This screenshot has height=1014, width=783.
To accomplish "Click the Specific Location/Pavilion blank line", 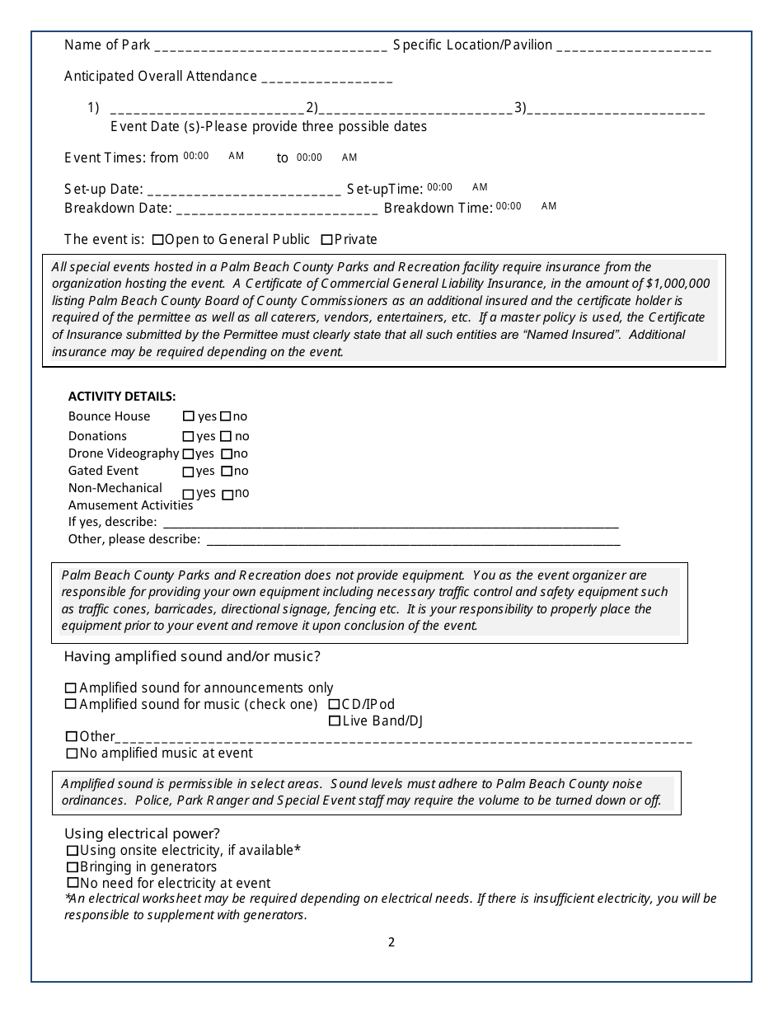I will pos(634,47).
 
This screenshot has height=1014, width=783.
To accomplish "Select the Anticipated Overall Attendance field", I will pos(326,78).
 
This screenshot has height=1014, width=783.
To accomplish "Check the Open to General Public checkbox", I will pos(158,240).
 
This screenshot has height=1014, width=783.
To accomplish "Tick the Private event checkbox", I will pos(326,240).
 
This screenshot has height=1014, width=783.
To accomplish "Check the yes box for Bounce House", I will pos(189,417).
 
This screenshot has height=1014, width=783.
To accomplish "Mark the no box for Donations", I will pos(227,436).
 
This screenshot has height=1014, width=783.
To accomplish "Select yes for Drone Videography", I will pos(188,454).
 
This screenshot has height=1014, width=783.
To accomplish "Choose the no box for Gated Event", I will pos(226,472).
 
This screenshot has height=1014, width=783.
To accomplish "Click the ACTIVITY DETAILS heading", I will pos(122,397).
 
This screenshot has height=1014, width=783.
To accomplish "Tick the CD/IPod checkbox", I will pos(334,705).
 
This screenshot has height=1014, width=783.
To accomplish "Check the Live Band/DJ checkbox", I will pos(334,721).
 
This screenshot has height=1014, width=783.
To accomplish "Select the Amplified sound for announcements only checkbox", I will pos(71,688).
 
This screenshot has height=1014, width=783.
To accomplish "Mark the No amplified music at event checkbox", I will pos(72,753).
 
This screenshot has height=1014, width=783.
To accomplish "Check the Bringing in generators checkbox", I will pos(73,867).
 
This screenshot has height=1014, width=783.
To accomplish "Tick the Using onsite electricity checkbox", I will pos(73,851).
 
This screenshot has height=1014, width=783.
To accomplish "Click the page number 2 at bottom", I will pos(391,942).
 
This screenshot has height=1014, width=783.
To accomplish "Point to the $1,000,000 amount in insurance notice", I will pos(678,284).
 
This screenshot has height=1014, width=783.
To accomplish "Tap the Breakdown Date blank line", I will pos(277,209).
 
